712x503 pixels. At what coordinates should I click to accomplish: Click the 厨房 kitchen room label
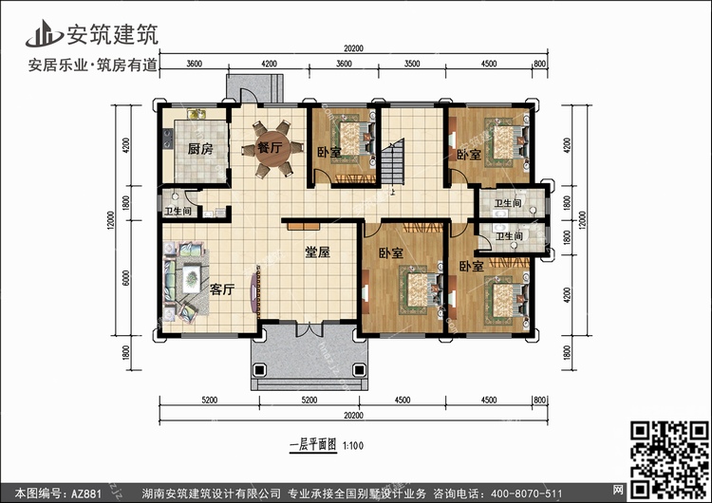coord(200,149)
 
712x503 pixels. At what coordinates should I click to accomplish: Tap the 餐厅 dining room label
coord(271,147)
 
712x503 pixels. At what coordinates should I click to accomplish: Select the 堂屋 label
coord(317,251)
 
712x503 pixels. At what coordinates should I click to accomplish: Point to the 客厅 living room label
coord(222,289)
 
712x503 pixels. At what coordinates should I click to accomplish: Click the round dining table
coord(272,148)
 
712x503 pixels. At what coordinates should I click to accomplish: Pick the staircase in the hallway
coord(392,162)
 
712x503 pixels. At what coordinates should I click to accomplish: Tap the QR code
coord(670,459)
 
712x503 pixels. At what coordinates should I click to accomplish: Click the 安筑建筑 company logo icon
coord(44,33)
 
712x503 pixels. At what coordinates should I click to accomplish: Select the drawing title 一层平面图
coord(313,444)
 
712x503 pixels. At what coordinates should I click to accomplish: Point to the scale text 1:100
coord(353,446)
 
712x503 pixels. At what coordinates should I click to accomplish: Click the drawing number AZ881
coord(84,494)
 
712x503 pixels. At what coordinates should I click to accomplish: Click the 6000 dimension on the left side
coord(126,278)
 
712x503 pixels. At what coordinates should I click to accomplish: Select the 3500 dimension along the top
coord(412,64)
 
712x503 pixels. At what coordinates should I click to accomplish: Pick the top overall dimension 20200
coord(354,48)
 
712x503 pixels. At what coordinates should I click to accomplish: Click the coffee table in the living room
coord(191,279)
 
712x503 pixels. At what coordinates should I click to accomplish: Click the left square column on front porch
coord(259,370)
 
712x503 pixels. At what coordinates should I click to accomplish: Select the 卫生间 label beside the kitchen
coord(178,211)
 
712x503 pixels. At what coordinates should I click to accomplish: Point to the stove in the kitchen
coord(167,139)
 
